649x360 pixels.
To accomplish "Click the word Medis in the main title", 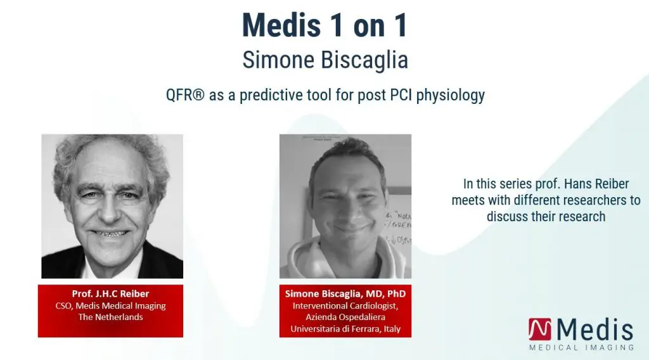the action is click(x=281, y=25).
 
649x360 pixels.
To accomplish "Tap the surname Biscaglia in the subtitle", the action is click(x=364, y=60).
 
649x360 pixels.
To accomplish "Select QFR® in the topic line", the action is click(x=185, y=95).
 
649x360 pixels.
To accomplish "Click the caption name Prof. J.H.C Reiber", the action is click(x=110, y=294).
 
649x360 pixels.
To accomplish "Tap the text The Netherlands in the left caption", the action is click(x=110, y=317).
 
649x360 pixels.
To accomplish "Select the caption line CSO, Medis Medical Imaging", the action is click(x=110, y=305).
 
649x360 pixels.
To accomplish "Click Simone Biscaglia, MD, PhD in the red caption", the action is click(x=345, y=294).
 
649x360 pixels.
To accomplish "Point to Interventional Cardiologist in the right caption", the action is click(x=345, y=305).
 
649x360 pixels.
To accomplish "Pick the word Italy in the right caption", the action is click(x=392, y=329).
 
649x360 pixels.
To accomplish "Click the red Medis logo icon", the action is click(x=540, y=330).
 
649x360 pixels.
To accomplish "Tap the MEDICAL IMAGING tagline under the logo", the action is click(x=582, y=347).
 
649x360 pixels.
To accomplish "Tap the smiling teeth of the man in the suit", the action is click(x=110, y=233).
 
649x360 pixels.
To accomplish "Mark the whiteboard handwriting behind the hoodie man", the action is click(x=398, y=227).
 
